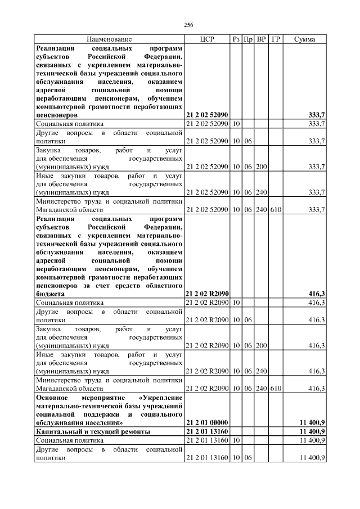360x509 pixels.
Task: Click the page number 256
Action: coord(188,25)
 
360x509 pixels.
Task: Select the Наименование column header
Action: coord(109,39)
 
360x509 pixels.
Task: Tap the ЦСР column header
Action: coord(207,39)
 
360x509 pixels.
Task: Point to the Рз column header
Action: coord(236,39)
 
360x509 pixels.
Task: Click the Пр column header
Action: coord(248,39)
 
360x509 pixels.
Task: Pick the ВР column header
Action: coord(262,39)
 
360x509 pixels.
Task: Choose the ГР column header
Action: coord(276,39)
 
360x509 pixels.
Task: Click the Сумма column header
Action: coord(304,39)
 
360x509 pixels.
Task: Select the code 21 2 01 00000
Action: coord(207,422)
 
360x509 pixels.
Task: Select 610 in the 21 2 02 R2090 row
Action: coord(276,389)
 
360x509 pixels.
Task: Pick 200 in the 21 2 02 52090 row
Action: coord(262,167)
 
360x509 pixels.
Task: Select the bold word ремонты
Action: coord(136,431)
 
